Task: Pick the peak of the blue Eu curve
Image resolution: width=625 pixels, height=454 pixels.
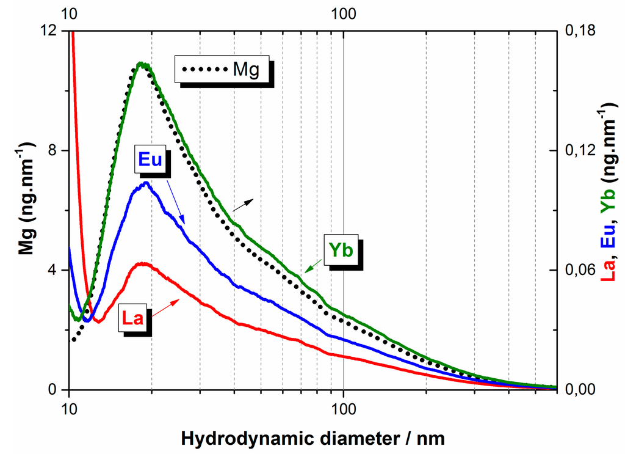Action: [145, 183]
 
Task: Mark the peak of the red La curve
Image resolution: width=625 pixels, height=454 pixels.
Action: [142, 263]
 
